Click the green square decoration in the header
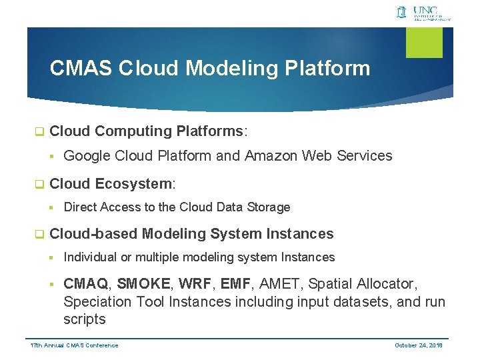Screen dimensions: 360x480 (425, 42)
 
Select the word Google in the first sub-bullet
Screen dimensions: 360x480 (87, 156)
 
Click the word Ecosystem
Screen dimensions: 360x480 (133, 184)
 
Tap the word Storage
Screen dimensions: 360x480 (269, 207)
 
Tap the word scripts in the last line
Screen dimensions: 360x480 (85, 319)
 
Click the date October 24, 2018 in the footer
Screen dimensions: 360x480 (419, 345)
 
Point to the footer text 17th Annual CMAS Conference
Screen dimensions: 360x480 (75, 345)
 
